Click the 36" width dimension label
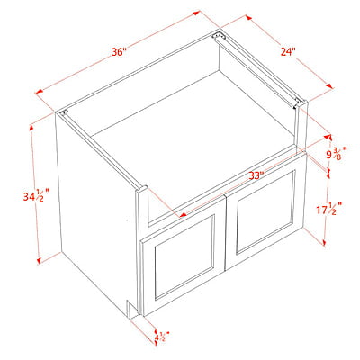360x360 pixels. (x=118, y=52)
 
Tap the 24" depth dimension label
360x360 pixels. (x=288, y=51)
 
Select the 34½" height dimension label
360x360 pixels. (x=36, y=195)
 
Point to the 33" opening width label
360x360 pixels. (x=256, y=175)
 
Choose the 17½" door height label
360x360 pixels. (x=329, y=208)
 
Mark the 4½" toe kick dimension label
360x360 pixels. (x=162, y=337)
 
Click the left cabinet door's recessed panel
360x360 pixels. (x=184, y=256)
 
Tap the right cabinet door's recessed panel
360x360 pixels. (x=265, y=211)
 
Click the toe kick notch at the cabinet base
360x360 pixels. (x=132, y=309)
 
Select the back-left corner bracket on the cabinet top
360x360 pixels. (x=218, y=35)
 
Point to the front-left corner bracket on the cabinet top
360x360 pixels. (x=64, y=113)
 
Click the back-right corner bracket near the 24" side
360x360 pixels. (x=298, y=102)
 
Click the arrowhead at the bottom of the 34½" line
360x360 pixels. (x=39, y=260)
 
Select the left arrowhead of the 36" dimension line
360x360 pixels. (x=40, y=93)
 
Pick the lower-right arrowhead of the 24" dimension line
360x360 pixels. (x=329, y=86)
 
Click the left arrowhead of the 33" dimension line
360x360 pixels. (x=183, y=215)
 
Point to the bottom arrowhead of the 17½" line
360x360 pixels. (x=324, y=242)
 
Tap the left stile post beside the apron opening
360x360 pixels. (x=142, y=210)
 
